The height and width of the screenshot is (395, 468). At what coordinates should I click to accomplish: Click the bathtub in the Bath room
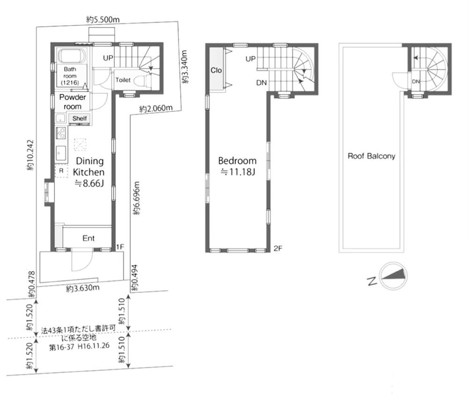point(73,56)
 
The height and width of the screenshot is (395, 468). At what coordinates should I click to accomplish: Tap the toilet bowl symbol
point(141,79)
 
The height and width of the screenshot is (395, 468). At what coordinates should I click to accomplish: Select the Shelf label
point(80,118)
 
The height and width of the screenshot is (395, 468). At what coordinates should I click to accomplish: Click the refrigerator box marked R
point(61,171)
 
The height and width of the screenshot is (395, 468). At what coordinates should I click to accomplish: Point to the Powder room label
point(73,101)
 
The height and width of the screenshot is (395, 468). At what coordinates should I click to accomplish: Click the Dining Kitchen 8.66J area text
point(89,172)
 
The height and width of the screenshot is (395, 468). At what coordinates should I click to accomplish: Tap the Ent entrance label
point(88,238)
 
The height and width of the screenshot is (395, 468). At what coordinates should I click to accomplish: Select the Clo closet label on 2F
point(216,71)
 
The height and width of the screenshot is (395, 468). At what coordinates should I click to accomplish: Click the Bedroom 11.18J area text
point(237,166)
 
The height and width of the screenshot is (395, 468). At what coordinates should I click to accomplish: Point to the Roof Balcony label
point(371,156)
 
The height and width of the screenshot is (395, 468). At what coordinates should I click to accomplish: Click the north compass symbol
point(394,276)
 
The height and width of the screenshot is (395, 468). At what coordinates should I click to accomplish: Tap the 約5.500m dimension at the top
point(102,20)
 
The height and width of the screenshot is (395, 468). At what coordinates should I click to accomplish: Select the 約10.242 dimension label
point(30,155)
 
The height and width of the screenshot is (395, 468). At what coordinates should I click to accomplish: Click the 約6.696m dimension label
point(136,198)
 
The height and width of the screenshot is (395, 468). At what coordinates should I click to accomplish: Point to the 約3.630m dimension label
point(83,288)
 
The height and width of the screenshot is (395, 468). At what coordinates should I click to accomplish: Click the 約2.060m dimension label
point(155,108)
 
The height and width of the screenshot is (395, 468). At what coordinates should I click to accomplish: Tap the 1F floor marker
point(120,247)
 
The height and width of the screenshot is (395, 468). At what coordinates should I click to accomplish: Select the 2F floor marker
point(278,248)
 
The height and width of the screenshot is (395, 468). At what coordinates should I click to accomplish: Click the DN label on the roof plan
point(416,81)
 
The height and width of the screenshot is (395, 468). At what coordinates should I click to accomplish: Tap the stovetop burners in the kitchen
point(61,133)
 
